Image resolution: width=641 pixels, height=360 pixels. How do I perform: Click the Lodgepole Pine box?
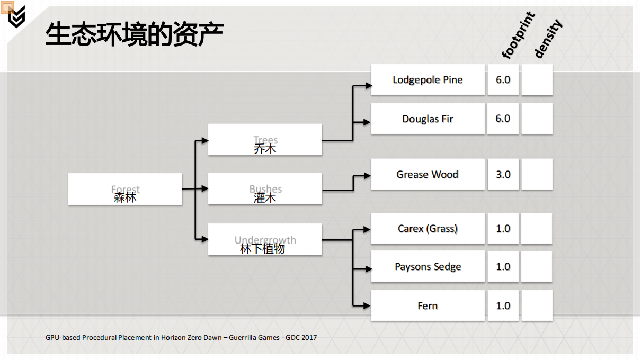428,80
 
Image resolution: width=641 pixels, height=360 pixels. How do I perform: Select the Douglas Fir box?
428,119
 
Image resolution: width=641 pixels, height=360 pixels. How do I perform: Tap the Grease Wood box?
428,175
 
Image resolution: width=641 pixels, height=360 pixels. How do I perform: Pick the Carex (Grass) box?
428,229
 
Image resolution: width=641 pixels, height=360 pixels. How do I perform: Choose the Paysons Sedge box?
428,267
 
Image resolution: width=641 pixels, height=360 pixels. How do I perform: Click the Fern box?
428,305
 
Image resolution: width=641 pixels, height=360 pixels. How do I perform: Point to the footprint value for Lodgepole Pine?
503,80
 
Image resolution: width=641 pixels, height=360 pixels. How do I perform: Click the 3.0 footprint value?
503,175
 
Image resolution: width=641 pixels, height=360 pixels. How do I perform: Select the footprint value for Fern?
503,305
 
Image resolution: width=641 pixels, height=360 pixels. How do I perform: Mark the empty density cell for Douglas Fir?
537,119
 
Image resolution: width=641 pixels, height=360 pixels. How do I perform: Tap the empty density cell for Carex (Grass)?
537,229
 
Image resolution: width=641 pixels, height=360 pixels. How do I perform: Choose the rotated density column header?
547,38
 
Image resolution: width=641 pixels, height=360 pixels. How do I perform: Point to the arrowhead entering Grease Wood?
367,175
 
